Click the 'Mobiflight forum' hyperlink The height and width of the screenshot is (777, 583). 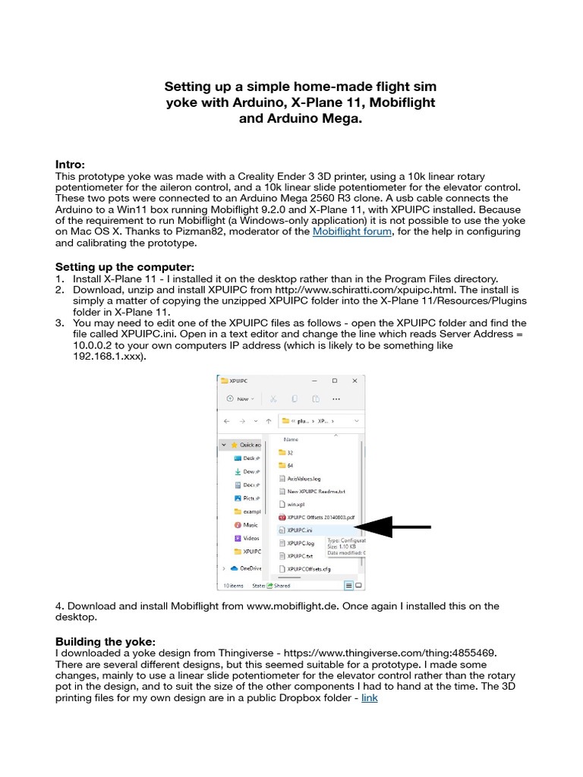(352, 231)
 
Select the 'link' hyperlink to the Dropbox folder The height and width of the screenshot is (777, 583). (369, 697)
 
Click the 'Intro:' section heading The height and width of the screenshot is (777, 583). (70, 165)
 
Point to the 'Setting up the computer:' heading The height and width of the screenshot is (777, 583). (124, 267)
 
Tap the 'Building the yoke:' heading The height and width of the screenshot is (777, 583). (106, 641)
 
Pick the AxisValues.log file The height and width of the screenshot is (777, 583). (304, 478)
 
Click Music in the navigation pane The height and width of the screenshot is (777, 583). (250, 524)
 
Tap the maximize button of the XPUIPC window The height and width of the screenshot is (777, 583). (334, 380)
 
